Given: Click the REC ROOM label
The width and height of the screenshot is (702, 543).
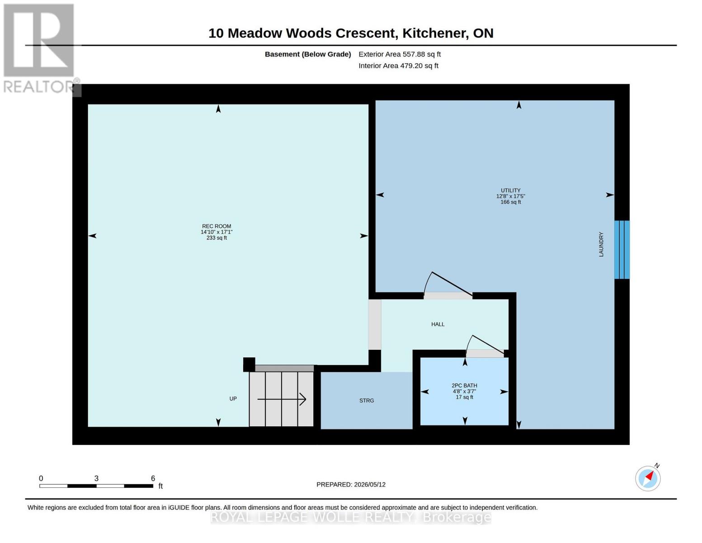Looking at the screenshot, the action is [217, 226].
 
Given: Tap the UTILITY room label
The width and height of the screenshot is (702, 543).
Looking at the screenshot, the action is [510, 191].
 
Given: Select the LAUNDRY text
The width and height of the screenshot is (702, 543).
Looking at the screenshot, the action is [601, 244].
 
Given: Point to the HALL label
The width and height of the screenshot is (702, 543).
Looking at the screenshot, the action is [438, 324].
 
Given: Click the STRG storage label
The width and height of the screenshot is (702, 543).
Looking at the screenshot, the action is [367, 400].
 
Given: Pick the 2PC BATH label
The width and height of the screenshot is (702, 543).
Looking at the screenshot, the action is [464, 386].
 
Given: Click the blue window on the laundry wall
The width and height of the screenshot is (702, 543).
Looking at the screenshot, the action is [622, 250].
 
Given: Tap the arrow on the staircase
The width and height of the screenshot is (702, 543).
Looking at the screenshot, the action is [282, 400].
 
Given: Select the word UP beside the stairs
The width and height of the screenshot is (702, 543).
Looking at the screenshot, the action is [233, 399].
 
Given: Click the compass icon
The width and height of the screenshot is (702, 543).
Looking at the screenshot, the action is [648, 478].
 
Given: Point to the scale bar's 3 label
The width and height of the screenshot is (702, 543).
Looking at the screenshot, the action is [96, 478].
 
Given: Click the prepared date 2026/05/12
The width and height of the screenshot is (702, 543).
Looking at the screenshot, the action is [370, 485].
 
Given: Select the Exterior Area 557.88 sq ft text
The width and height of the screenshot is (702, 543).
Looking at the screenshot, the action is [400, 54].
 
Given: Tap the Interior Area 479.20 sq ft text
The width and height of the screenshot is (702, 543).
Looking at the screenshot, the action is [398, 66].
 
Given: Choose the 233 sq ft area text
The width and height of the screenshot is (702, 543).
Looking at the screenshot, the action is [217, 238].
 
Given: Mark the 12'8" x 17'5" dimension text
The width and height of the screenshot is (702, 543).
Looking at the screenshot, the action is [510, 196].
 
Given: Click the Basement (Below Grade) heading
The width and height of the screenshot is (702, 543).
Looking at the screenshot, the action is [308, 54].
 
